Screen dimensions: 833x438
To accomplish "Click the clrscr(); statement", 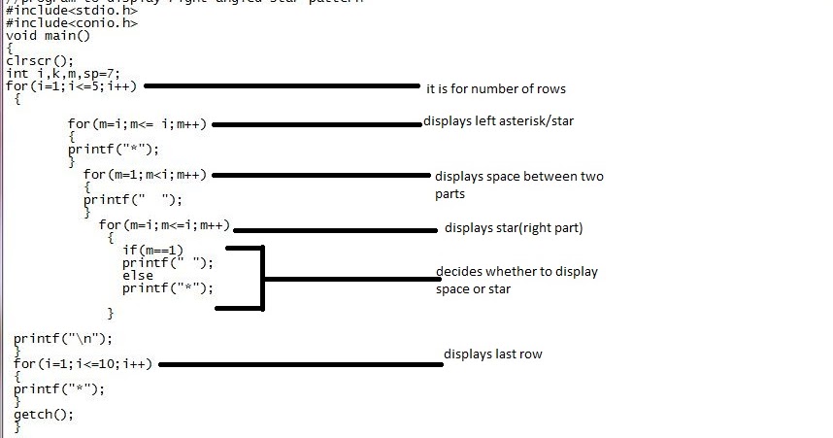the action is pos(37,60).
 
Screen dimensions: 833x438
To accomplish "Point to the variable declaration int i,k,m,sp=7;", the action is pos(63,73).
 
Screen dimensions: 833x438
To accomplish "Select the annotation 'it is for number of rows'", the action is pos(495,89).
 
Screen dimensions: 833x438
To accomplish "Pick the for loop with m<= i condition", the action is pos(138,124).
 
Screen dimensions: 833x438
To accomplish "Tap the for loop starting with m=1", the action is pos(146,175).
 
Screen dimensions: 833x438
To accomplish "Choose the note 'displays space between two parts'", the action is pos(518,185).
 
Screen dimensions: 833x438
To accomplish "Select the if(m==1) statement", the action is pos(152,251).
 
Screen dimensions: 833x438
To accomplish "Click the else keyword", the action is pos(138,276).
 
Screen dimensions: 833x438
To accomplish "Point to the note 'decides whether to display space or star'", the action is pos(516,280).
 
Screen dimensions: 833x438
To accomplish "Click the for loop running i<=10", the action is pos(83,364).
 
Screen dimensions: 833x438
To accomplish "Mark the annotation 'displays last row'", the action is pos(492,354).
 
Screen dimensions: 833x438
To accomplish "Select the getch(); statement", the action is pos(44,414).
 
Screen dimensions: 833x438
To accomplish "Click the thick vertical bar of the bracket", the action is pos(262,279).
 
